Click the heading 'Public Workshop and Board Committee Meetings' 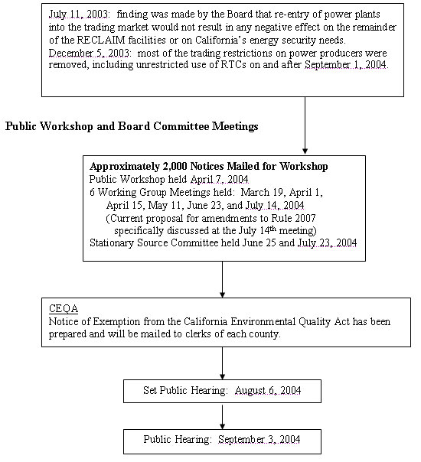point(132,125)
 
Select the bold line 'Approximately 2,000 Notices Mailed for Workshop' point(208,167)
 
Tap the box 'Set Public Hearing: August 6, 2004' point(222,391)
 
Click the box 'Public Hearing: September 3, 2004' point(222,441)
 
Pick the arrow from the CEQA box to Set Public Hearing point(222,363)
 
